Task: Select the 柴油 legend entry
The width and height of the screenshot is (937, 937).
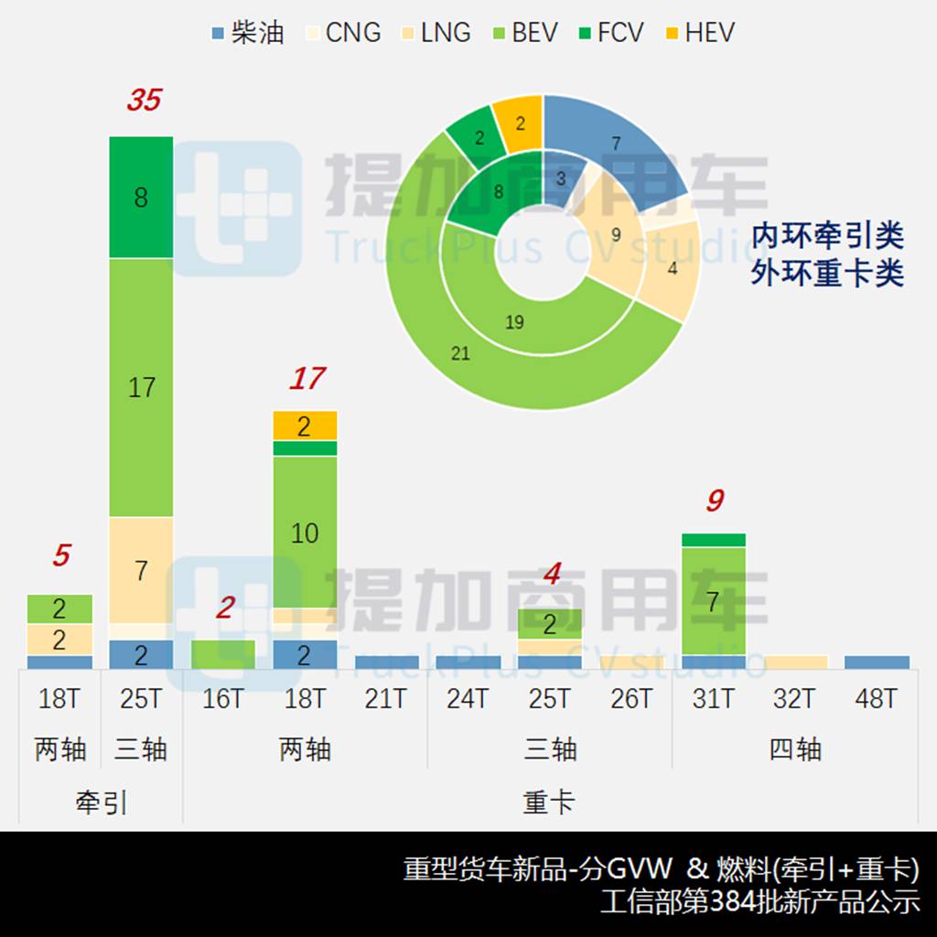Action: tap(247, 33)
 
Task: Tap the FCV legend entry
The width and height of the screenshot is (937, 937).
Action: tap(609, 33)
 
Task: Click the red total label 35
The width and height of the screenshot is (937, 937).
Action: tap(144, 100)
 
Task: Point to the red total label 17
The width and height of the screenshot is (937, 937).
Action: tap(307, 378)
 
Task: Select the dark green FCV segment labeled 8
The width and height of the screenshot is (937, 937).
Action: tap(141, 198)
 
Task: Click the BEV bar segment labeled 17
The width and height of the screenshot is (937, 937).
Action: tap(141, 387)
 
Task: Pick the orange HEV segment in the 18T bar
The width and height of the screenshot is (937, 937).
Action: tap(305, 425)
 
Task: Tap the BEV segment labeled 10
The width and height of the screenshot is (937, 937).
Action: tap(305, 532)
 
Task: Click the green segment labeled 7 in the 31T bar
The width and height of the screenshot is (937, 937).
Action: tap(713, 600)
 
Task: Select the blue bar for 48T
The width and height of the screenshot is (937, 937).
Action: tap(877, 662)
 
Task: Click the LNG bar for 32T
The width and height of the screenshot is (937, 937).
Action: tap(794, 662)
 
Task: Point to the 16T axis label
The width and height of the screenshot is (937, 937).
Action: tap(223, 700)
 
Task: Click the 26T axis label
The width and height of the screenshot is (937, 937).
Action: tap(631, 700)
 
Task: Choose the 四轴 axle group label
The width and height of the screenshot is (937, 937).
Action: tap(795, 750)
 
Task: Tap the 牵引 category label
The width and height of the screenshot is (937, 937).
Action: tap(101, 803)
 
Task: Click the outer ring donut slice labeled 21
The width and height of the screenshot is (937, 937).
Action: tap(460, 353)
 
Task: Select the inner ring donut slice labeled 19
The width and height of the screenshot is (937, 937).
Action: tap(514, 322)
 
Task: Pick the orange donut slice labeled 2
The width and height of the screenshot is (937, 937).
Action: tap(519, 123)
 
